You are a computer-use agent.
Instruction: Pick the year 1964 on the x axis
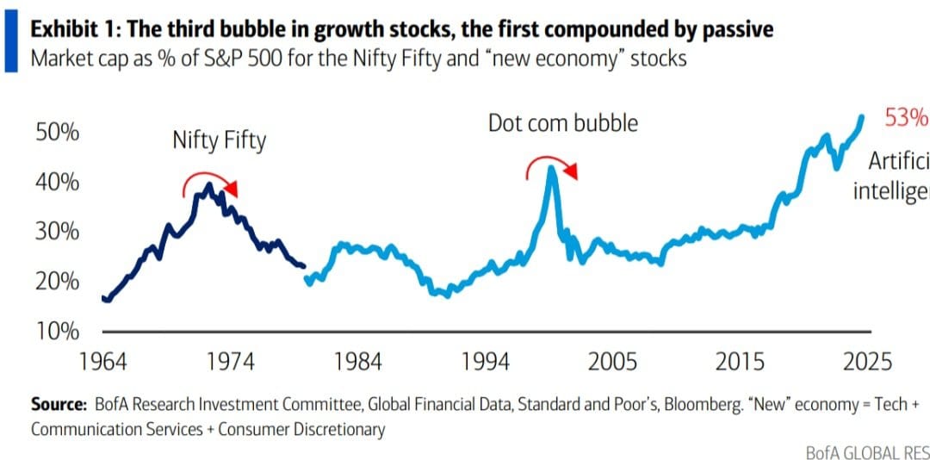pyautogui.click(x=102, y=360)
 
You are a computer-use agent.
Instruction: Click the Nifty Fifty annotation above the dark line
pyautogui.click(x=220, y=140)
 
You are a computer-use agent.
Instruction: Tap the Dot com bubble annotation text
pyautogui.click(x=563, y=123)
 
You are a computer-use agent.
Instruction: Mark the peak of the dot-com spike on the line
pyautogui.click(x=551, y=168)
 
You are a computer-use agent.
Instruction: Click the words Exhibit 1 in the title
pyautogui.click(x=73, y=31)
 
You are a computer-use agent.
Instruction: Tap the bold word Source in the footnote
pyautogui.click(x=59, y=404)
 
